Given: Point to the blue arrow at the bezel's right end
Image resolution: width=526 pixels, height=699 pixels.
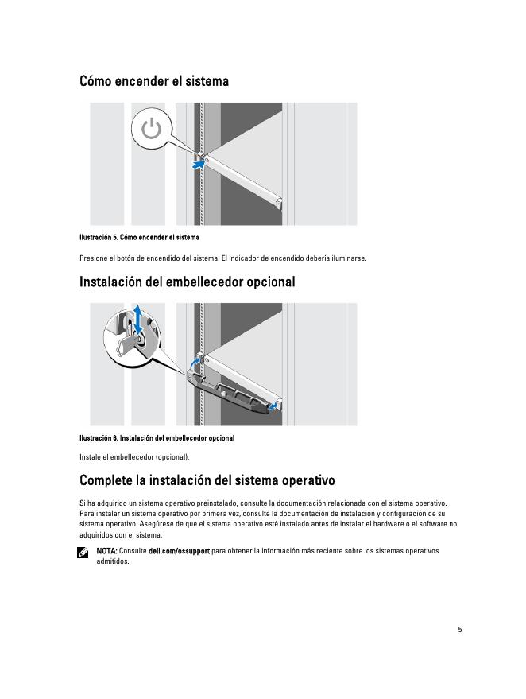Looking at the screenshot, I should click(x=273, y=406).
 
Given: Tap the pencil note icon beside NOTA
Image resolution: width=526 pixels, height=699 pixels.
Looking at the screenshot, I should click(x=83, y=552).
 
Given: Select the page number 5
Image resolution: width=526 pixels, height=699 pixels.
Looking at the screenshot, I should click(x=459, y=629).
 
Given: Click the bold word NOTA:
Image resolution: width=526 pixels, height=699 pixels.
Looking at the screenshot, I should click(x=106, y=550).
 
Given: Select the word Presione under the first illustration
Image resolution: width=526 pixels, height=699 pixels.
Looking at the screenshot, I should click(x=95, y=258).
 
